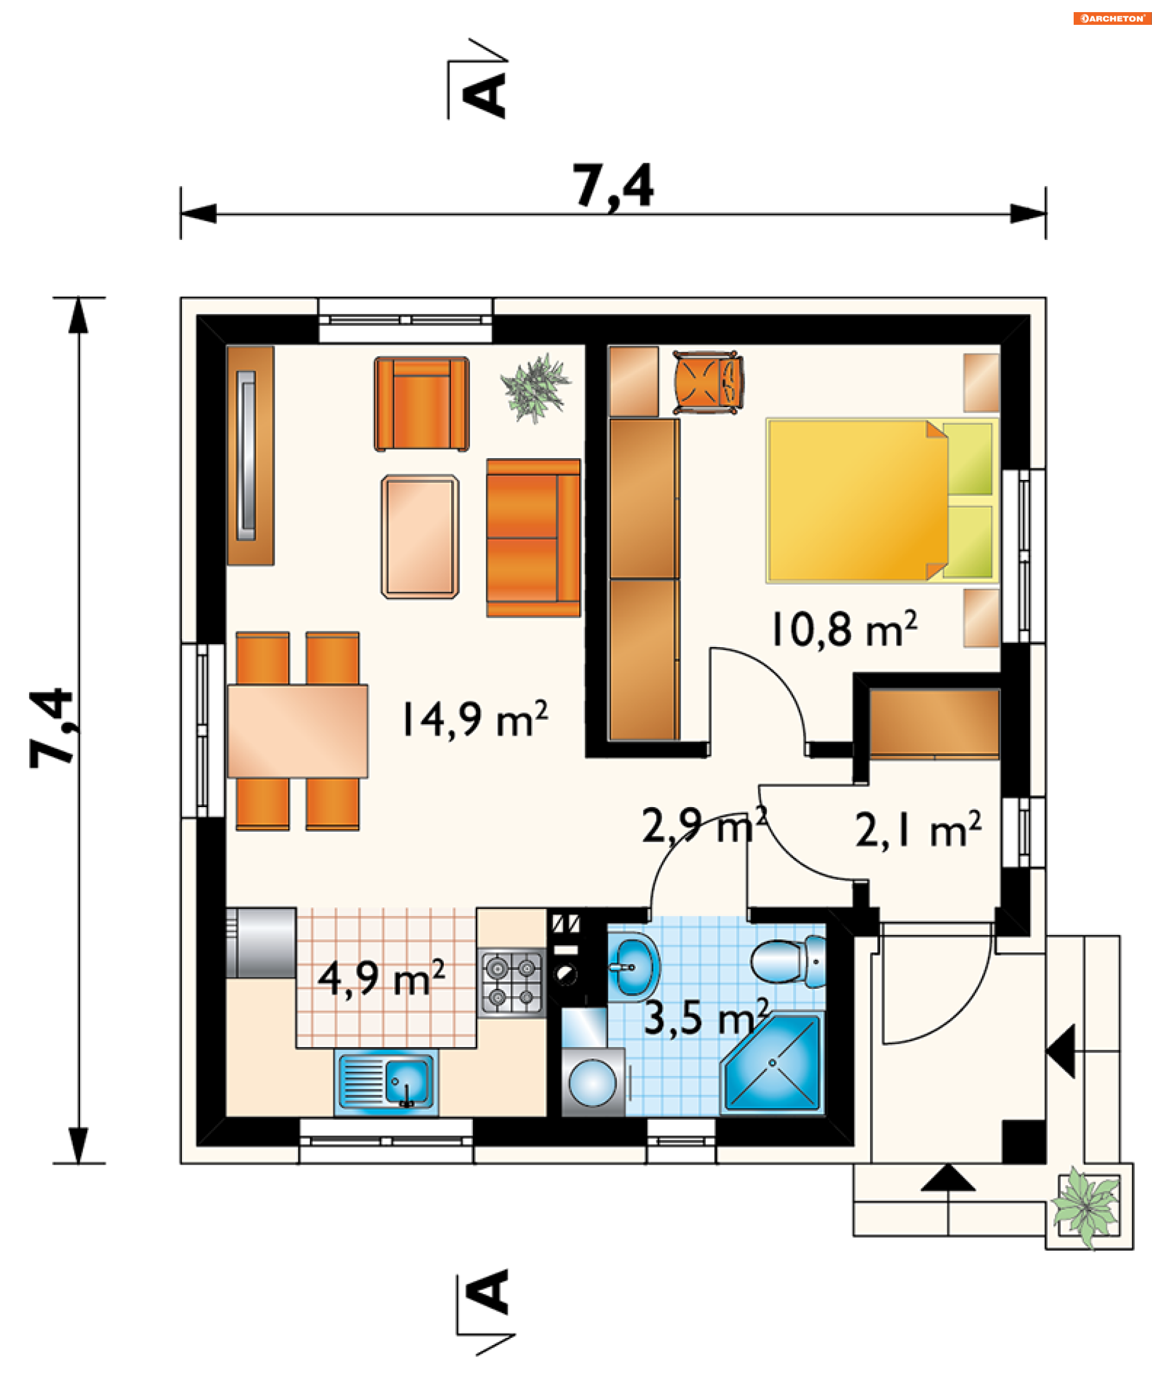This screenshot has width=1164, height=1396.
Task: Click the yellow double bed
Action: tap(882, 500)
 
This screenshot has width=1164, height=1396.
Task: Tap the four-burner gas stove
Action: tap(512, 983)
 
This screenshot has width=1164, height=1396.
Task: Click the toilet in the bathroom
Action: tap(788, 961)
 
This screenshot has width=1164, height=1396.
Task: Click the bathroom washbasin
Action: tap(632, 966)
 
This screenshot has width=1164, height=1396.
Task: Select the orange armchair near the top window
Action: tap(422, 404)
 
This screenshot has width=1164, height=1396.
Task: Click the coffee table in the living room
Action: tap(420, 536)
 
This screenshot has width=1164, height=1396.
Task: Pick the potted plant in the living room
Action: tap(535, 388)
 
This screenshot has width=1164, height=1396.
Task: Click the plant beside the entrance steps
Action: tap(1086, 1208)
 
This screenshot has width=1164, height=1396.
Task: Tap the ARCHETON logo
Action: tap(1112, 19)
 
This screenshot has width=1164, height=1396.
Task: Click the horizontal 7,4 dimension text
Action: tap(612, 187)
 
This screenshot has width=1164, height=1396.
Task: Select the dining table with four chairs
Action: tap(297, 731)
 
